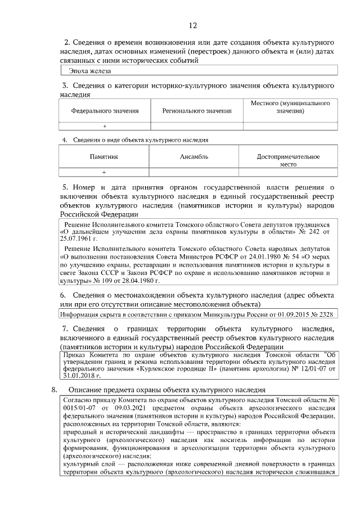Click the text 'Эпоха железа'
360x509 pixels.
click(x=90, y=71)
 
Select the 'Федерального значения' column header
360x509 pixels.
click(x=105, y=111)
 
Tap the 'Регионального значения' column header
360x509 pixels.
click(x=197, y=111)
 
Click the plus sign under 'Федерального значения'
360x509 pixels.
click(x=105, y=127)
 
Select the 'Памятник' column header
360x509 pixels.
click(x=104, y=157)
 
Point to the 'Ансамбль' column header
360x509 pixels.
click(x=194, y=157)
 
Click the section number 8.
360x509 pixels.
click(x=54, y=389)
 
